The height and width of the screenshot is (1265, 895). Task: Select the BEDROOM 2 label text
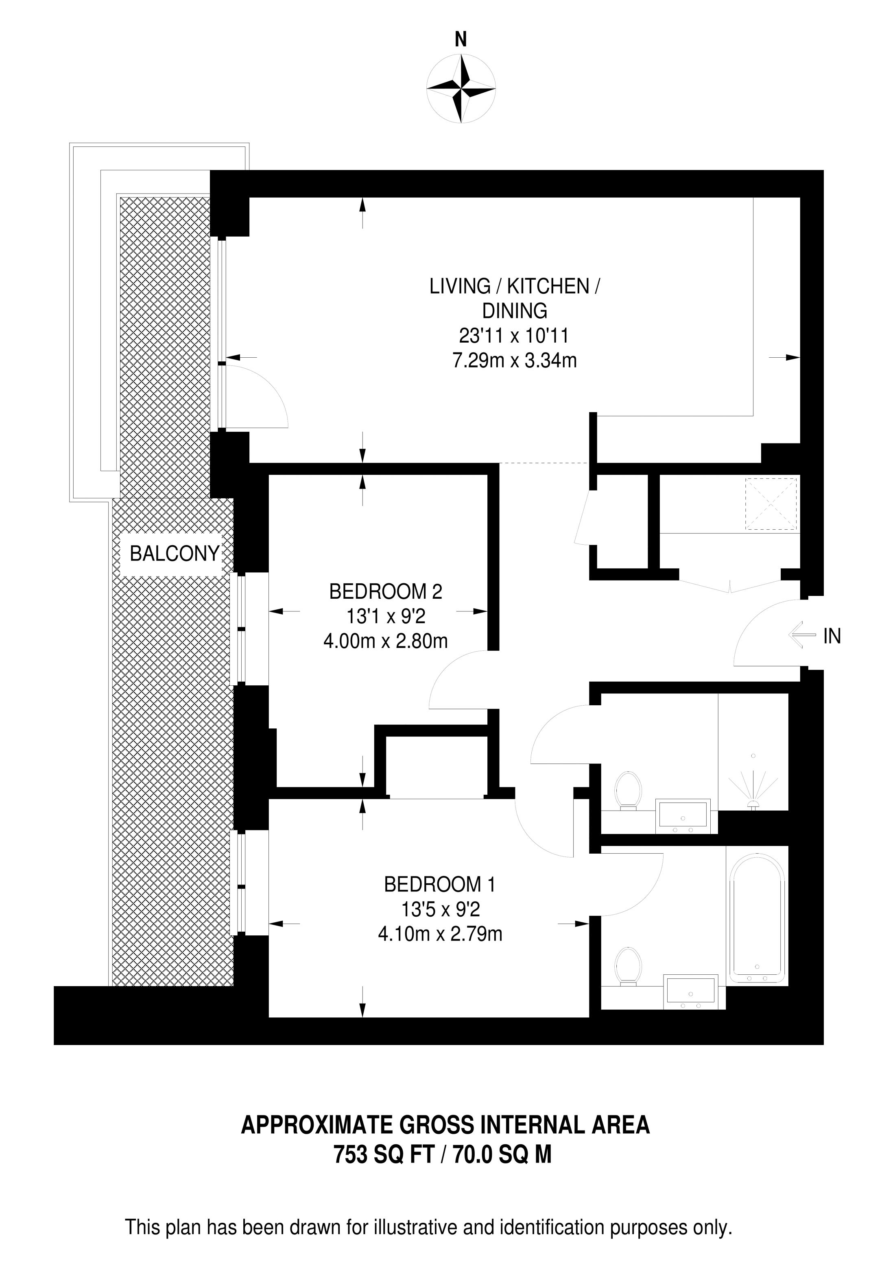click(x=386, y=592)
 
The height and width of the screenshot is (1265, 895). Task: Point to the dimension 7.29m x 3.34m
click(x=515, y=361)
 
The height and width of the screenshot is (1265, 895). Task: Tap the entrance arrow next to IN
click(x=802, y=636)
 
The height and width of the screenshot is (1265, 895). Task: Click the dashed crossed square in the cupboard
click(x=771, y=504)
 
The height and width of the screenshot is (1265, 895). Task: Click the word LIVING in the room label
click(x=460, y=287)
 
